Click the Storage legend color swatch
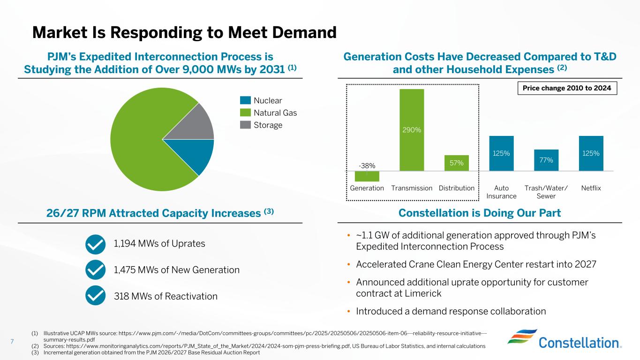(x=245, y=125)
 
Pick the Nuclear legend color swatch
(x=245, y=101)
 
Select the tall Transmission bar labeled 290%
(x=412, y=130)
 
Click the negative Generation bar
(x=367, y=176)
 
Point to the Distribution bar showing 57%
(x=457, y=163)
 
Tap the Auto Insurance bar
(x=501, y=153)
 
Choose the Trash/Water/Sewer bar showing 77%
(x=546, y=160)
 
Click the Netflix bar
(x=591, y=153)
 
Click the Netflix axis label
(x=591, y=188)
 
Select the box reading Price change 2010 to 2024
(x=567, y=88)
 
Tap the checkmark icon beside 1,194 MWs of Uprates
(x=96, y=244)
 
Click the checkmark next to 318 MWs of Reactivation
(x=96, y=296)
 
